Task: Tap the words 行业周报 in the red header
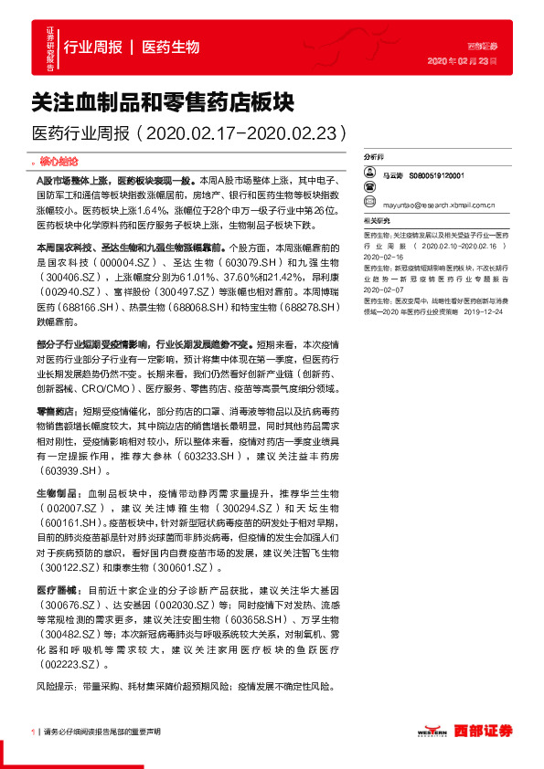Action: [92, 47]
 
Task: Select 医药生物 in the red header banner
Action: [171, 47]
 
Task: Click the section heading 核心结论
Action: [63, 161]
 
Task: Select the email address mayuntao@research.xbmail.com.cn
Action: [439, 205]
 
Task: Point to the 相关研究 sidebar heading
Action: [376, 221]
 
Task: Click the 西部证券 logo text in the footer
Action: [484, 730]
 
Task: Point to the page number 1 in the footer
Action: [34, 732]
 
